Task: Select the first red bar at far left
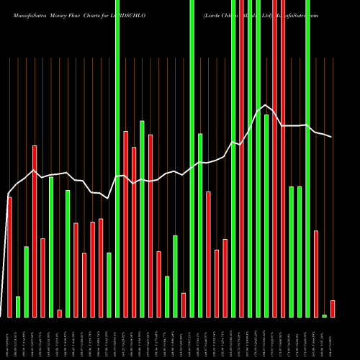(x=9, y=256)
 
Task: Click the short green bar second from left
(x=18, y=306)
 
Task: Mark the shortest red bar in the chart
(x=59, y=313)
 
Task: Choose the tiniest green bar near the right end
(x=324, y=315)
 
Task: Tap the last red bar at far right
(x=332, y=308)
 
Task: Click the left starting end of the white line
(x=8, y=194)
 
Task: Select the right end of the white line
(x=332, y=137)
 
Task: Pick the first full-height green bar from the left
(x=117, y=158)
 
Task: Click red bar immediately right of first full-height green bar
(x=125, y=223)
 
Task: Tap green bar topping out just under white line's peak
(x=266, y=216)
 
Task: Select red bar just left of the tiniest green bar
(x=315, y=274)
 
